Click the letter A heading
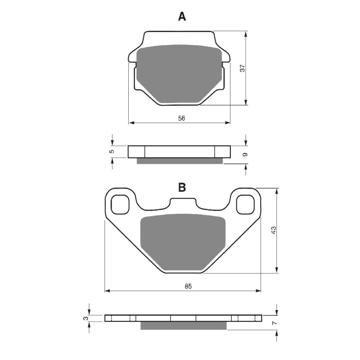pyautogui.click(x=182, y=17)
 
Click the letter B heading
pyautogui.click(x=182, y=188)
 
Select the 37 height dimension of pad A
pyautogui.click(x=242, y=68)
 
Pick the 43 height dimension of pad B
pyautogui.click(x=274, y=230)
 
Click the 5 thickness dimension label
pyautogui.click(x=112, y=152)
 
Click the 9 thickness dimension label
pyautogui.click(x=245, y=154)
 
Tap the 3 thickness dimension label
pyautogui.click(x=85, y=318)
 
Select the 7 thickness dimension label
pyautogui.click(x=274, y=323)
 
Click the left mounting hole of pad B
pyautogui.click(x=120, y=205)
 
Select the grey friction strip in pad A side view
pyautogui.click(x=180, y=161)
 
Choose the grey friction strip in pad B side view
pyautogui.click(x=183, y=325)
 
